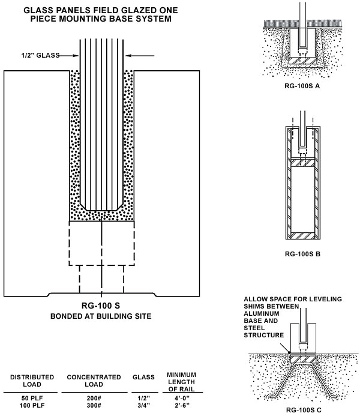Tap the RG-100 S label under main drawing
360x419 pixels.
(101, 304)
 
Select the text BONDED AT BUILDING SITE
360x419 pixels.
(101, 315)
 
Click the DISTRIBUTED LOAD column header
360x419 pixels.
(32, 381)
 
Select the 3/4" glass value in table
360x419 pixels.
(143, 406)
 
